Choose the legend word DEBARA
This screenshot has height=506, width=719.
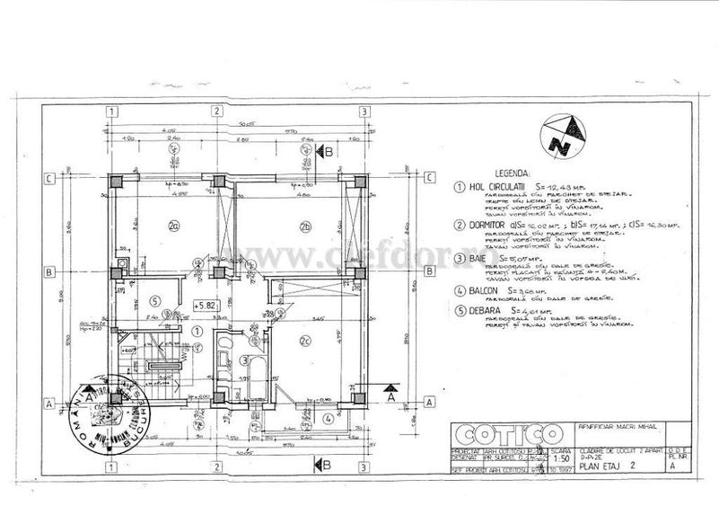[x=482, y=311]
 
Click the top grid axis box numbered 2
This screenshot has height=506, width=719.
[x=215, y=111]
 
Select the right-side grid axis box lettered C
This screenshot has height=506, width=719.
[x=429, y=177]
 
